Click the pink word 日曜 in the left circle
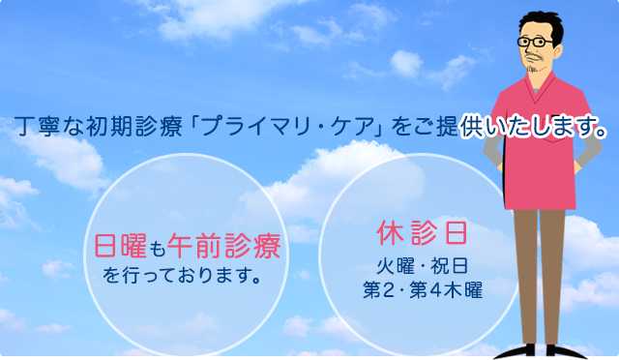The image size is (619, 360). tap(121, 248)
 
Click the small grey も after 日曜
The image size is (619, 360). tap(159, 250)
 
